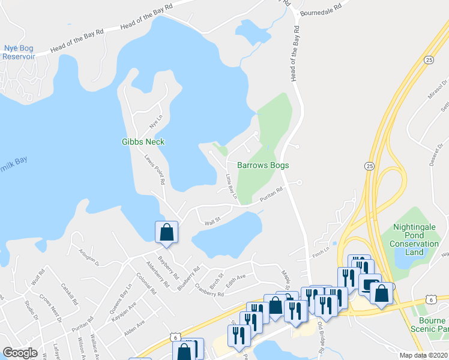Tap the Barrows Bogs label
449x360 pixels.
(x=263, y=165)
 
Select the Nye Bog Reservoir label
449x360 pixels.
(x=19, y=52)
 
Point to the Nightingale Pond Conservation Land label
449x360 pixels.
(x=415, y=239)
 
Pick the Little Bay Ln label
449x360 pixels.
(x=231, y=187)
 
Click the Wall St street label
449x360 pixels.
(x=209, y=221)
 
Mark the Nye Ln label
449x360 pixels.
(x=156, y=122)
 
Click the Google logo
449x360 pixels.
(x=20, y=353)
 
